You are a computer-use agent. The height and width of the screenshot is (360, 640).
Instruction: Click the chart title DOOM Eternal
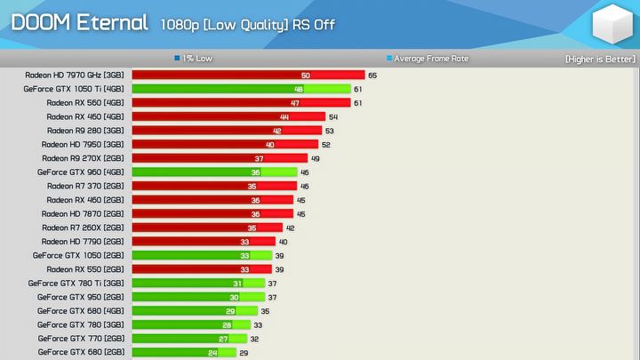(79, 23)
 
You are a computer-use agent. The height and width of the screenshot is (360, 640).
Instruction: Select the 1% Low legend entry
(197, 59)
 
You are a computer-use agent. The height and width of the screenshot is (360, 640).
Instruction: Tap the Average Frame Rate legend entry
(430, 59)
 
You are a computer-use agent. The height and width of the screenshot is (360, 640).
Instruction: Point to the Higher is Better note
(600, 59)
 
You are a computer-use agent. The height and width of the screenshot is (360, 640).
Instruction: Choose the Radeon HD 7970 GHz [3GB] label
(74, 76)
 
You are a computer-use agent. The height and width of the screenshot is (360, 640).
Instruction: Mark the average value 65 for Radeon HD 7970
(372, 76)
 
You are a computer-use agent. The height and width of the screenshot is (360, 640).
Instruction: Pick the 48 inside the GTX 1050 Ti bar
(299, 89)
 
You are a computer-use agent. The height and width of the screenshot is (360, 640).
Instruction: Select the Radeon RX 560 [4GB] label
(85, 103)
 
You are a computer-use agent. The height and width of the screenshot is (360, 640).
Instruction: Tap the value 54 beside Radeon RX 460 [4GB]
(333, 116)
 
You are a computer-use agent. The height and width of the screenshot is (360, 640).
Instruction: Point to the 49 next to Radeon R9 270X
(316, 158)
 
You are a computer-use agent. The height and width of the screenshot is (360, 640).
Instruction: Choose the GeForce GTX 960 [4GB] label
(80, 172)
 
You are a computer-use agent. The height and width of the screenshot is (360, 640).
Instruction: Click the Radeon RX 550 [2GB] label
(85, 269)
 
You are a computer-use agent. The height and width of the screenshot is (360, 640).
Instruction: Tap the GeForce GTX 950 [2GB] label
(80, 297)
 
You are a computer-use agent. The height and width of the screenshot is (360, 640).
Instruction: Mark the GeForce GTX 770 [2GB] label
(80, 339)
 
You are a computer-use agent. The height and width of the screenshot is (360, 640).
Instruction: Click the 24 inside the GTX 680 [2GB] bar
(212, 353)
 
